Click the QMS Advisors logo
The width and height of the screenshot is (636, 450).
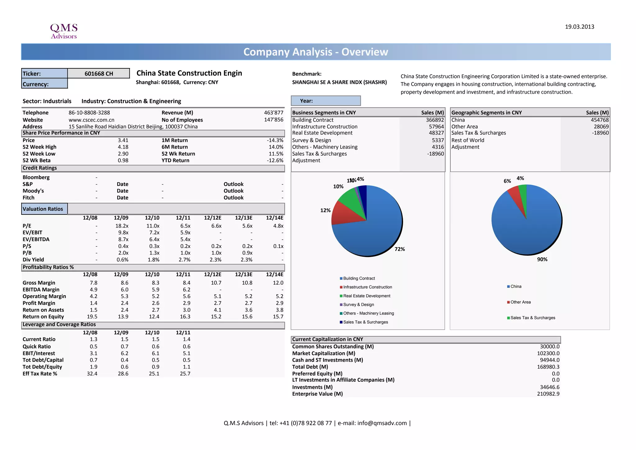[64, 31]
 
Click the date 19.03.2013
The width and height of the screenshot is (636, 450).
[579, 27]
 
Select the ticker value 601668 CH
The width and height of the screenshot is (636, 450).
[99, 74]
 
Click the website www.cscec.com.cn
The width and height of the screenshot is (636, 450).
[91, 120]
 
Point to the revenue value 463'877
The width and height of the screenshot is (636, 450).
[274, 113]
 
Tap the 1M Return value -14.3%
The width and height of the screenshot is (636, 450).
[275, 140]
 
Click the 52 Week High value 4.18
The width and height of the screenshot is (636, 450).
[123, 147]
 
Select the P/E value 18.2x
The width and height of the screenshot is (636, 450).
[122, 226]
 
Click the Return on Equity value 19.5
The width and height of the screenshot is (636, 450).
[92, 317]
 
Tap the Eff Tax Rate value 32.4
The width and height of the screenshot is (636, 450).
[92, 374]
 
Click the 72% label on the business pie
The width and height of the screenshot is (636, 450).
[400, 249]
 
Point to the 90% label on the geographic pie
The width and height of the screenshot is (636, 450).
[542, 259]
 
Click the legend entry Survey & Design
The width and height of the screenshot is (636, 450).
[358, 305]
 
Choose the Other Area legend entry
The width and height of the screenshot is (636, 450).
[520, 302]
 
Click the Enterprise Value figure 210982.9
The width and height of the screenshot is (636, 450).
[548, 394]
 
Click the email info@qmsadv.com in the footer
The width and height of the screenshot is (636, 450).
[382, 423]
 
